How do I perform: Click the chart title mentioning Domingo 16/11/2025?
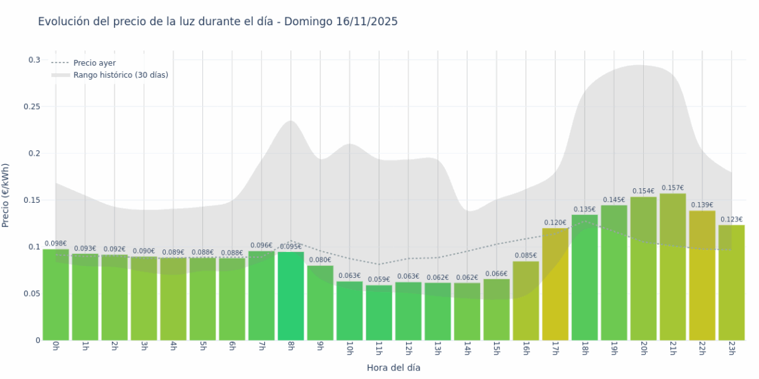[x=218, y=22]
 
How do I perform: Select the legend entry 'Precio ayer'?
[x=94, y=63]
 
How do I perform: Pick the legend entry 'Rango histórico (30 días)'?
[x=121, y=75]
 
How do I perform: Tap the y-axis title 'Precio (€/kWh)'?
[x=6, y=195]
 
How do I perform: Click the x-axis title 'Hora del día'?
[x=393, y=367]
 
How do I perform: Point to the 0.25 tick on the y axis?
[x=32, y=106]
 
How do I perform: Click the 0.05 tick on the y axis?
[x=32, y=293]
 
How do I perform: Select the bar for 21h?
[x=672, y=266]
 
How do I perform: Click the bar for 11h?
[x=379, y=313]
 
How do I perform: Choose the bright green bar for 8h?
[x=291, y=296]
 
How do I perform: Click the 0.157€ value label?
[x=672, y=188]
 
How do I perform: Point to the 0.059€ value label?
[x=379, y=280]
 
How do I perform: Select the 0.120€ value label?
[x=555, y=223]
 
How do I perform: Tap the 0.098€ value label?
[x=56, y=244]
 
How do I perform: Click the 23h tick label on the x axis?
[x=731, y=349]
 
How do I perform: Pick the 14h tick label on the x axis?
[x=467, y=349]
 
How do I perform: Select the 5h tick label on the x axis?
[x=202, y=348]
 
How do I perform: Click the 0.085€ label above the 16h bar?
[x=526, y=255]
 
